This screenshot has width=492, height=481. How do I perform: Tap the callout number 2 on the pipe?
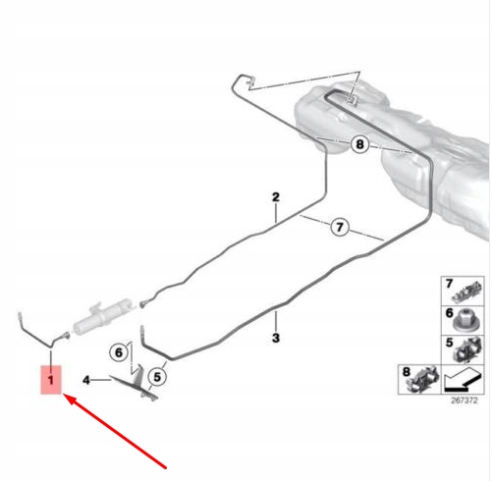pyautogui.click(x=277, y=196)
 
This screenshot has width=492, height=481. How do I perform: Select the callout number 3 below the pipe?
pyautogui.click(x=277, y=338)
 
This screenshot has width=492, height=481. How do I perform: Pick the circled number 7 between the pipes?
pyautogui.click(x=339, y=228)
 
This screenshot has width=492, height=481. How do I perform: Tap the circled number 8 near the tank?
pyautogui.click(x=361, y=145)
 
